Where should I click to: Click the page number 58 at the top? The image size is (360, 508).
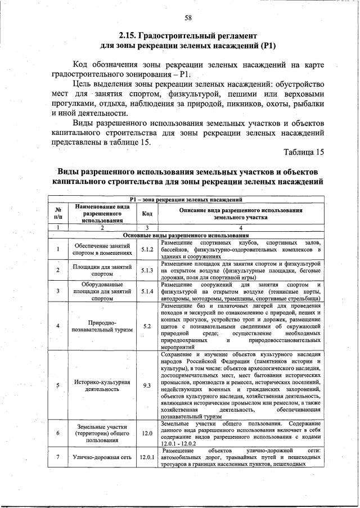point(188,17)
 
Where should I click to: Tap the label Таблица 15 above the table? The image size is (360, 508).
point(304,152)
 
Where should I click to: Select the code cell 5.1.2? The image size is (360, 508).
point(147,249)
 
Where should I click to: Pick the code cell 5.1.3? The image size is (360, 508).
point(147,270)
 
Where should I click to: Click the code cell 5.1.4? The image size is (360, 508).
point(147,291)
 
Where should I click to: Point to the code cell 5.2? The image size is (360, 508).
point(147,326)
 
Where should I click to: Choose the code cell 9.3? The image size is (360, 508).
point(147,385)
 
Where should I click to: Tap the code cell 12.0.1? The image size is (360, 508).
point(147,457)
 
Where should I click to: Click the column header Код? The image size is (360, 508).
point(147,213)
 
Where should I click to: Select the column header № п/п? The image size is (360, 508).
point(58,213)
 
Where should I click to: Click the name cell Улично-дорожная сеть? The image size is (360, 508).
point(102,457)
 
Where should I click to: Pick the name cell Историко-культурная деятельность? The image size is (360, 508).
point(102,385)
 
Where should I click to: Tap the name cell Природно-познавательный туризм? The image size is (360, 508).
point(102,326)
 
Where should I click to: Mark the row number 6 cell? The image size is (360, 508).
point(58,433)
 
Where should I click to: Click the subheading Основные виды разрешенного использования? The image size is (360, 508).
point(186,235)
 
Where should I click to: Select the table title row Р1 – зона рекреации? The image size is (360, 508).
point(186,199)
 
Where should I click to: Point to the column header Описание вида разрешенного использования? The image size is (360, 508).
point(240,213)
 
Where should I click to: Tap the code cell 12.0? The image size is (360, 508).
point(147,433)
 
